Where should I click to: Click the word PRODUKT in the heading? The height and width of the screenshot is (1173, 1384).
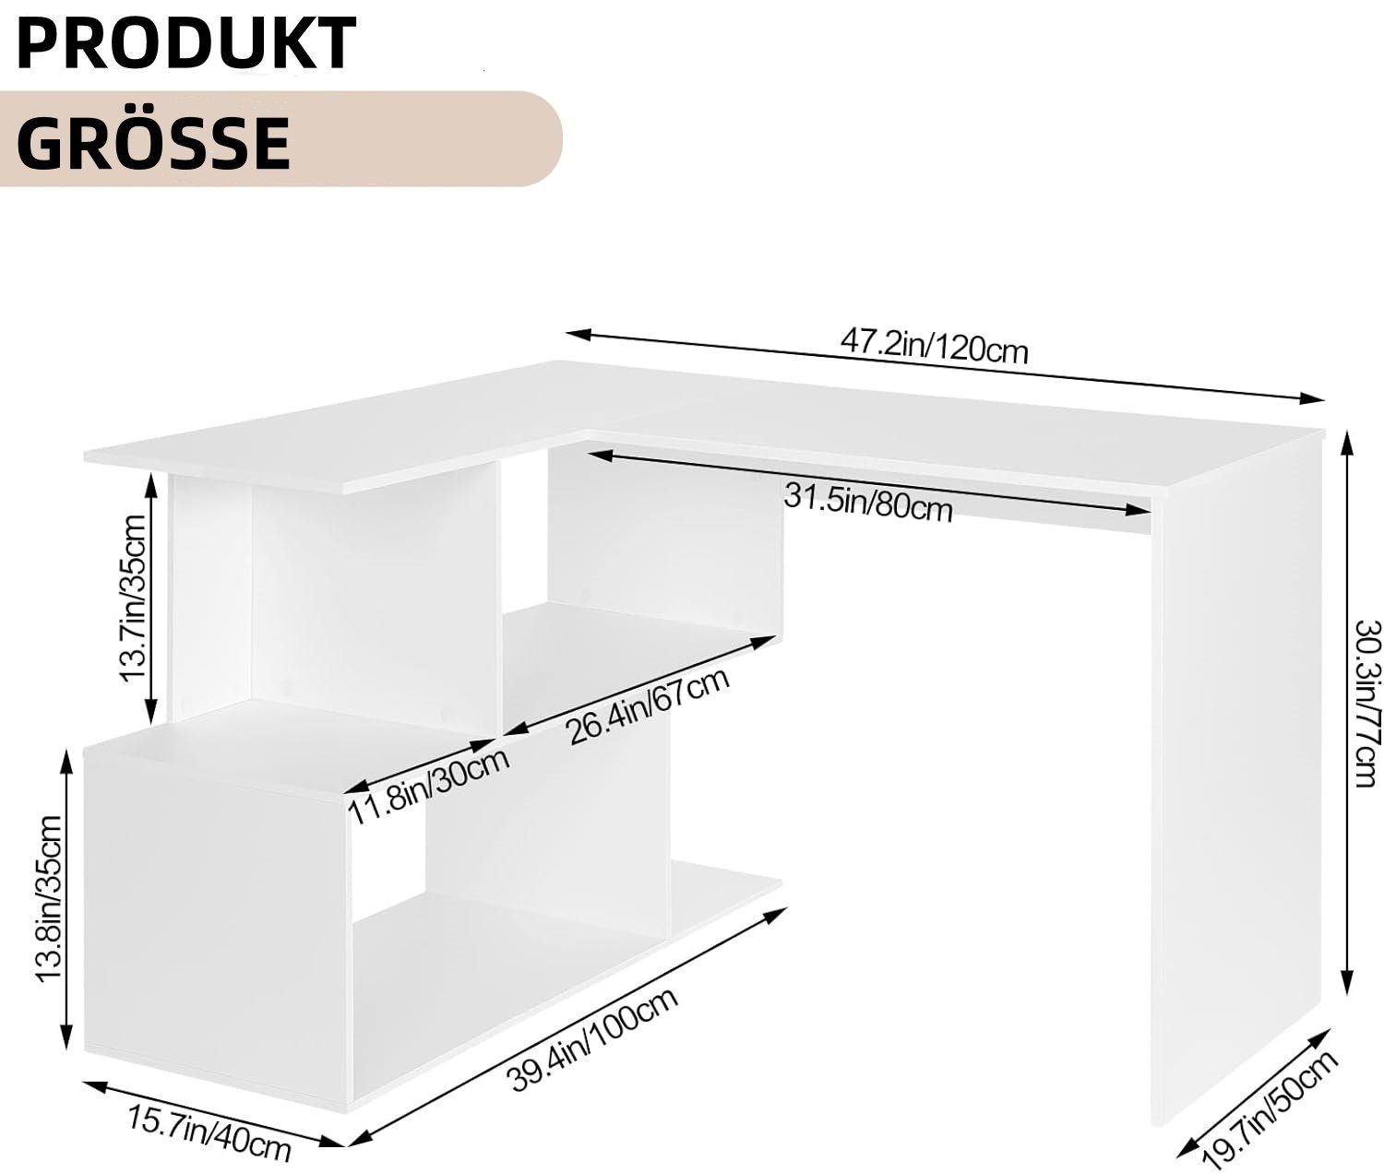(x=186, y=42)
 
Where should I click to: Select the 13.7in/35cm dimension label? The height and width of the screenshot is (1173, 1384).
(x=132, y=598)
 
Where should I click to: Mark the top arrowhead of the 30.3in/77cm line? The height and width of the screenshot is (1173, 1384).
(x=1350, y=443)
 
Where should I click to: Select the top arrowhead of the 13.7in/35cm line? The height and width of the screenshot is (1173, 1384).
(x=151, y=485)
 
